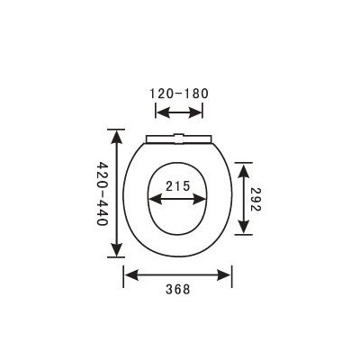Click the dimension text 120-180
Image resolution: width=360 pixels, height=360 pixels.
[x=179, y=93]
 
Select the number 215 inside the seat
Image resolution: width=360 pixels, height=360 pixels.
[x=179, y=186]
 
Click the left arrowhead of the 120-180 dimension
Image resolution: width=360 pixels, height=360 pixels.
[x=160, y=112]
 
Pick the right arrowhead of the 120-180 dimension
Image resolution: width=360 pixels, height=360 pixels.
[x=199, y=112]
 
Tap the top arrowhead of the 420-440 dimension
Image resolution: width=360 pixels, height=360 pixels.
[x=116, y=133]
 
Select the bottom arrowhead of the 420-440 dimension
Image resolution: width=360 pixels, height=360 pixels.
[x=116, y=253]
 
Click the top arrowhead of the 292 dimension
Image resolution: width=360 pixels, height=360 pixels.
[x=244, y=166]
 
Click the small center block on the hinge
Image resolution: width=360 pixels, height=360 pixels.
[x=179, y=138]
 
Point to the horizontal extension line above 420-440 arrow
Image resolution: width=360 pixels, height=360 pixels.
[x=116, y=128]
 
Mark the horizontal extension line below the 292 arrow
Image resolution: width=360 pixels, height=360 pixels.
[x=244, y=234]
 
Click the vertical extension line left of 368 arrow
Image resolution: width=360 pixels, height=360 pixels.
[x=124, y=274]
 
